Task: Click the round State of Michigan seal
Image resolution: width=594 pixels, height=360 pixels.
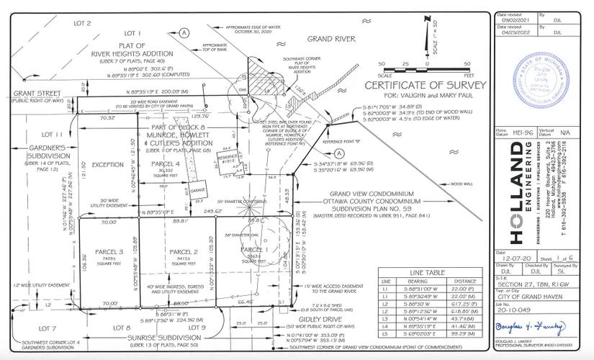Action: click(536, 77)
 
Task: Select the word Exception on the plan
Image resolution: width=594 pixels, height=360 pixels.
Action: click(108, 163)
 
